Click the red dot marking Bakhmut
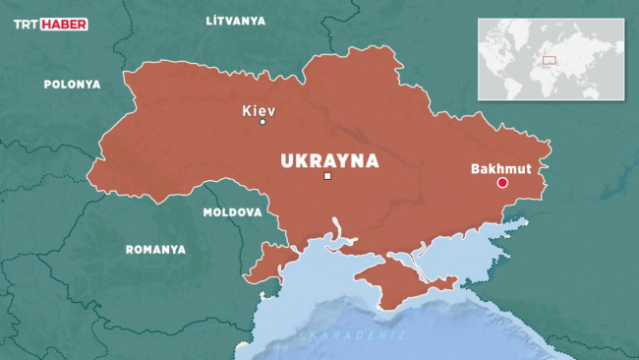(501, 183)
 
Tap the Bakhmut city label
(500, 168)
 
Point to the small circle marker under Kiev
(262, 122)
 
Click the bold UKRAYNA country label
(329, 160)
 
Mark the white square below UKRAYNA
(327, 177)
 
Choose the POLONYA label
(72, 85)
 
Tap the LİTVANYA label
(237, 20)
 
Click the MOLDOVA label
(232, 212)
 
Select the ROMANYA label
(155, 250)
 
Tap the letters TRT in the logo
(28, 24)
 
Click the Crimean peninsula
(403, 280)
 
